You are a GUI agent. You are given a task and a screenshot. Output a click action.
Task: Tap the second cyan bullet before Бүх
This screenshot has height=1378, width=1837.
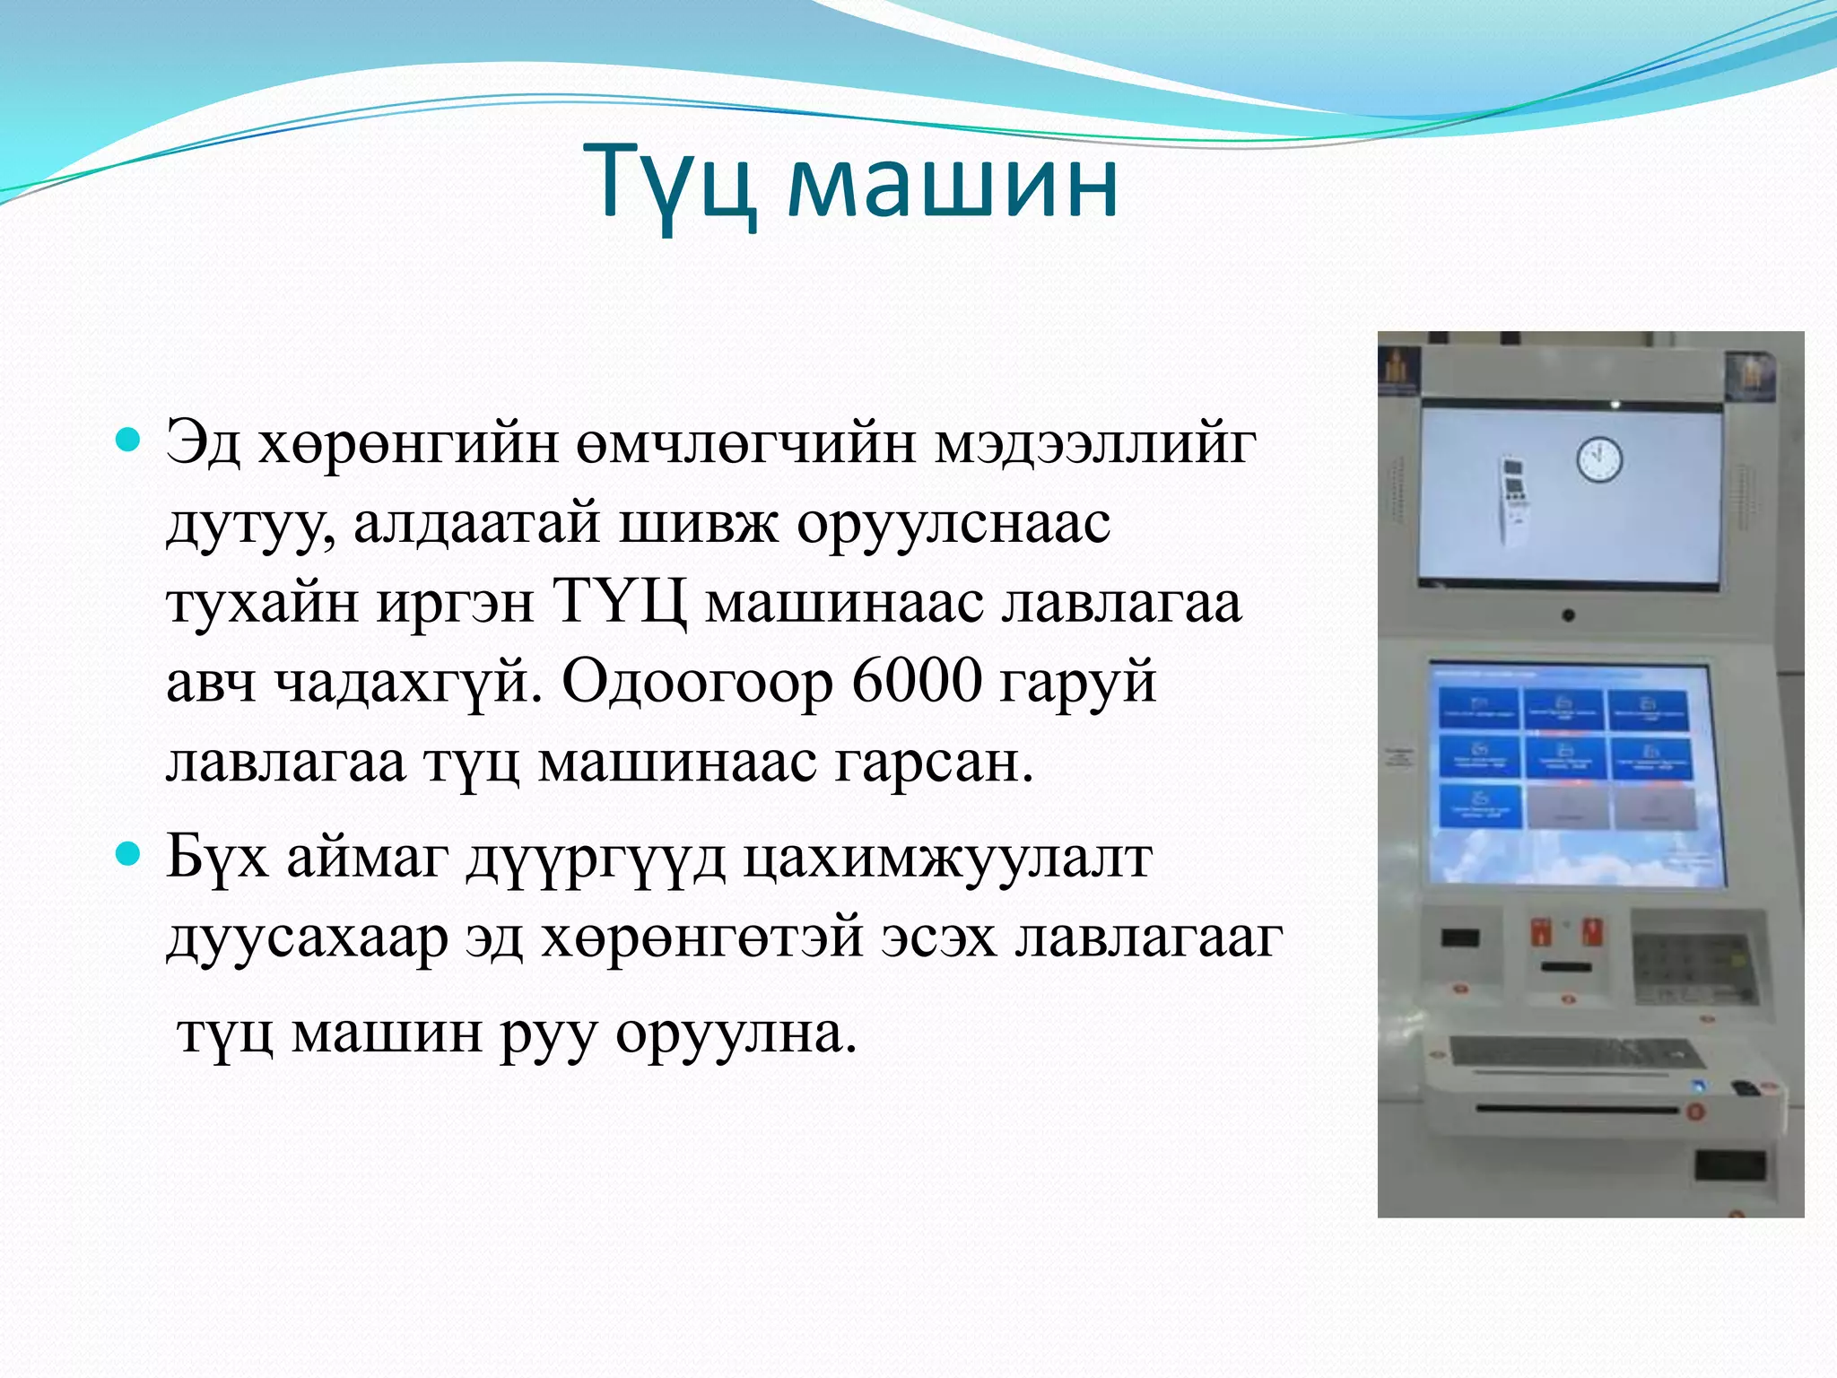click(x=129, y=855)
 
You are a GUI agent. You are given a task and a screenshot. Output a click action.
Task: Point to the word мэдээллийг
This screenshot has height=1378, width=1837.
click(x=1093, y=442)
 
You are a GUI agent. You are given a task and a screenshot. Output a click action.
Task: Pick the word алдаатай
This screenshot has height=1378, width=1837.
click(x=476, y=522)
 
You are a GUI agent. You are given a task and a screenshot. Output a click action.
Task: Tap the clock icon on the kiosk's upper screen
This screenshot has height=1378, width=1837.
click(x=1598, y=459)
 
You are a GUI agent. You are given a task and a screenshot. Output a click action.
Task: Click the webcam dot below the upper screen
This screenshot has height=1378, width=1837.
click(x=1568, y=615)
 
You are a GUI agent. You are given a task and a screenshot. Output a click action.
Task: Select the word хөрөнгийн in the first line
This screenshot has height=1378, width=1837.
click(x=408, y=442)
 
